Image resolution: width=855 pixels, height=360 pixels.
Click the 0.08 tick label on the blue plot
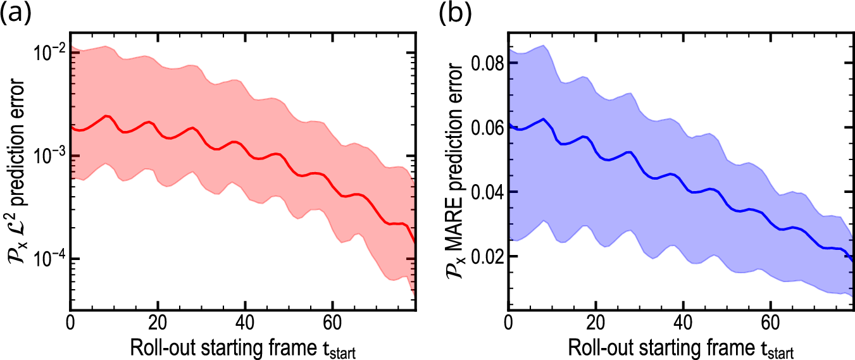(x=485, y=64)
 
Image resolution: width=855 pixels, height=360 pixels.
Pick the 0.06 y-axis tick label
(x=485, y=128)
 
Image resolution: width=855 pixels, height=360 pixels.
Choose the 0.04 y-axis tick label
(x=485, y=192)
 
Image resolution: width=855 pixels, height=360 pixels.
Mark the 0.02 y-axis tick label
(x=485, y=257)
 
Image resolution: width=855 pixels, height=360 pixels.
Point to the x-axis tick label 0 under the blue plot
(x=508, y=321)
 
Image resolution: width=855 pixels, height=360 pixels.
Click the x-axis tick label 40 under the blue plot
(x=683, y=321)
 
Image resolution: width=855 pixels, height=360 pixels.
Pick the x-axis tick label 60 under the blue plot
(x=771, y=321)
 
